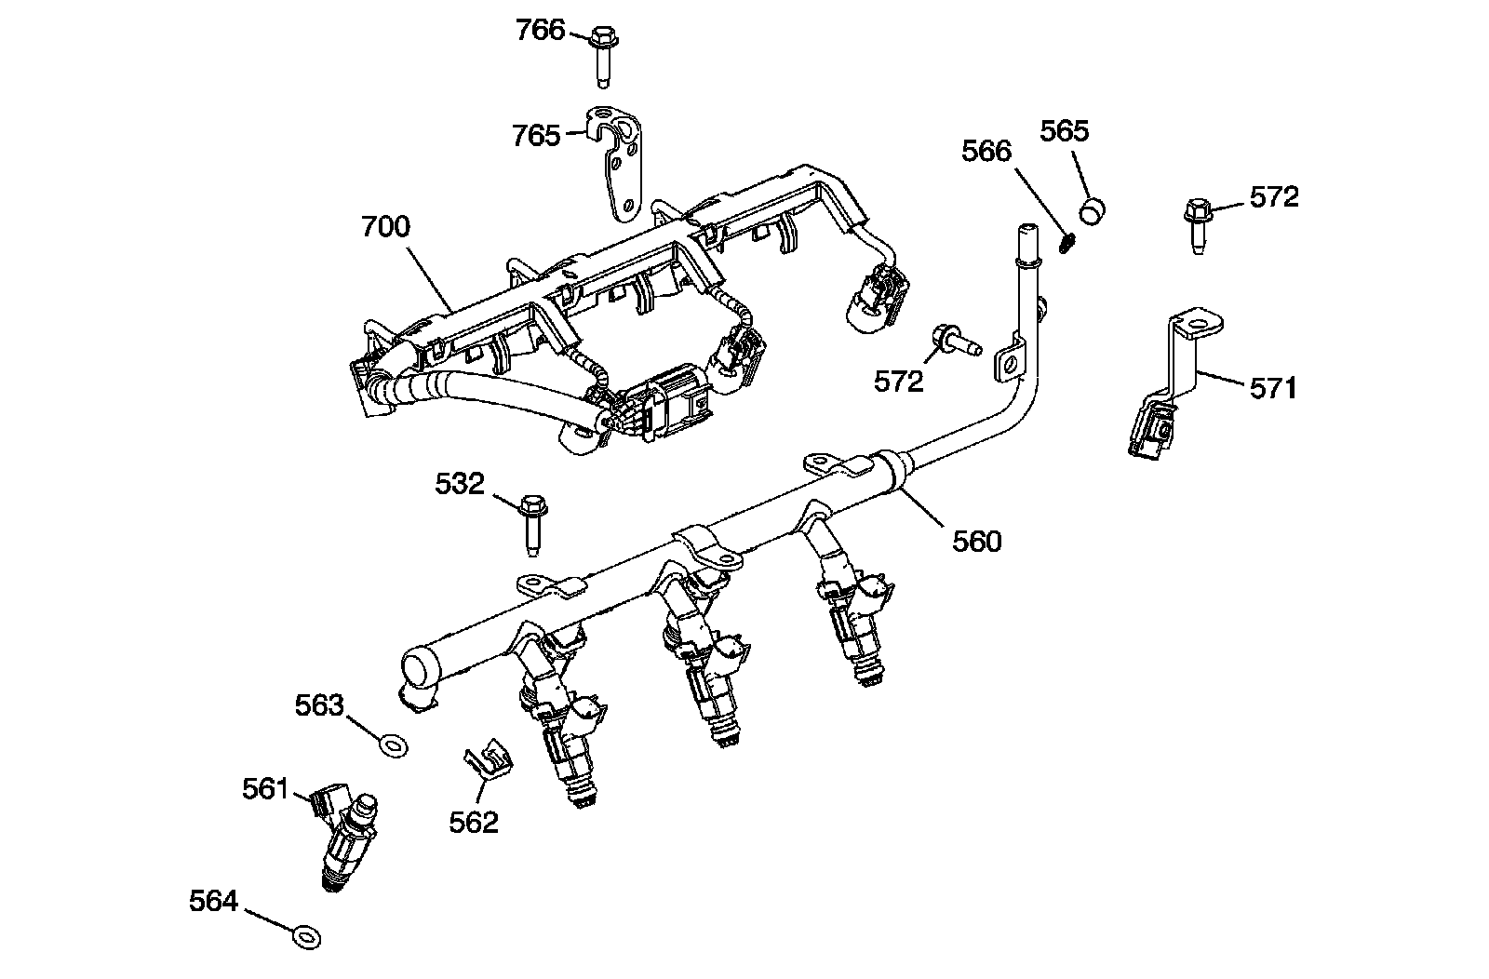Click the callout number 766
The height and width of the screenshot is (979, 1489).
tap(541, 31)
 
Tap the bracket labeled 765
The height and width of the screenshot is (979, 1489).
tap(617, 164)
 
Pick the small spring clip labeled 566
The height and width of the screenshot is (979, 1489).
tap(1068, 242)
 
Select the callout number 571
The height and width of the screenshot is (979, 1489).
tap(1272, 387)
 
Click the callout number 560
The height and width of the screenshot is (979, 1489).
tap(976, 541)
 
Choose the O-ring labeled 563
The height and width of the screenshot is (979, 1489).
tap(395, 744)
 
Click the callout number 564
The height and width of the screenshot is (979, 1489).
tap(214, 902)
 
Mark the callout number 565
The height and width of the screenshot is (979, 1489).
tap(1064, 131)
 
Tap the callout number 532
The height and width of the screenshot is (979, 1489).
tap(460, 484)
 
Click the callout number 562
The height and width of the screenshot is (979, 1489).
tap(474, 822)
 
